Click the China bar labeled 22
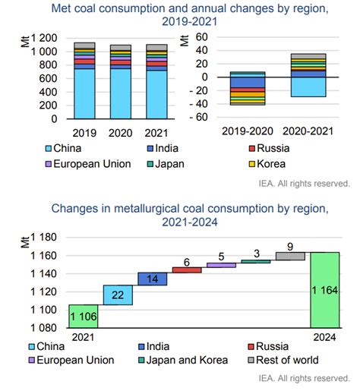(118, 295)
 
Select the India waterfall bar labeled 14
(153, 279)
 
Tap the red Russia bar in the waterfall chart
(187, 270)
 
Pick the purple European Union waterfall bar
(221, 265)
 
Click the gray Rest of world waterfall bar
(290, 256)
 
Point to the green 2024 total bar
(325, 290)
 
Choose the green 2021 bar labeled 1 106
(84, 317)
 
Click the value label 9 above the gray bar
(290, 247)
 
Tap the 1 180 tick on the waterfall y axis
(43, 238)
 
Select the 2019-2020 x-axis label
(248, 131)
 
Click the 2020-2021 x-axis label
(308, 131)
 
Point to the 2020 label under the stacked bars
(121, 133)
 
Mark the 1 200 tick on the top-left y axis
(44, 38)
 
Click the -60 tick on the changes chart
(199, 117)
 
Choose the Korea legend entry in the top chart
(267, 164)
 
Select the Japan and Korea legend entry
(183, 360)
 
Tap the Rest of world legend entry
(283, 360)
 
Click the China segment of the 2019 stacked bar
(84, 94)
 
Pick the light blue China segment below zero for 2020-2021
(308, 87)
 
